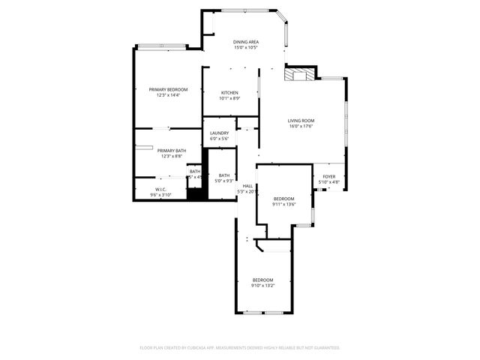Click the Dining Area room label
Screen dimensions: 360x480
coord(245,42)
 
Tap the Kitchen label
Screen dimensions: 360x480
coord(229,93)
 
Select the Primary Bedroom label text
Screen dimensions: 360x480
coord(167,89)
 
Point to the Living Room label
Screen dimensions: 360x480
coord(301,121)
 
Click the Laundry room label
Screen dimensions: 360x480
coord(219,133)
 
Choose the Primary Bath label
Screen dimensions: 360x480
coord(170,151)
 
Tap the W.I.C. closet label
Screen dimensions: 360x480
coord(160,189)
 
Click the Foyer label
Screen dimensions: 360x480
coord(329,177)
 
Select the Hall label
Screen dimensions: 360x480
coord(247,186)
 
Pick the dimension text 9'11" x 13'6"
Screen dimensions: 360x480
coord(284,204)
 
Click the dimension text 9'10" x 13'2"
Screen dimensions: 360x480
coord(262,285)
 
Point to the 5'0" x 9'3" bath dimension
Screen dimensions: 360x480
coord(224,181)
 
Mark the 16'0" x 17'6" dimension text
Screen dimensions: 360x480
coord(301,126)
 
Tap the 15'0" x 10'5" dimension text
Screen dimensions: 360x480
coord(245,47)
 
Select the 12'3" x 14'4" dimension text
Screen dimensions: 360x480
coord(167,94)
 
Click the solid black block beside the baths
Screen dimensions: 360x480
coord(196,192)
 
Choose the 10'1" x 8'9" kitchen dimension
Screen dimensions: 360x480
coord(229,98)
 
